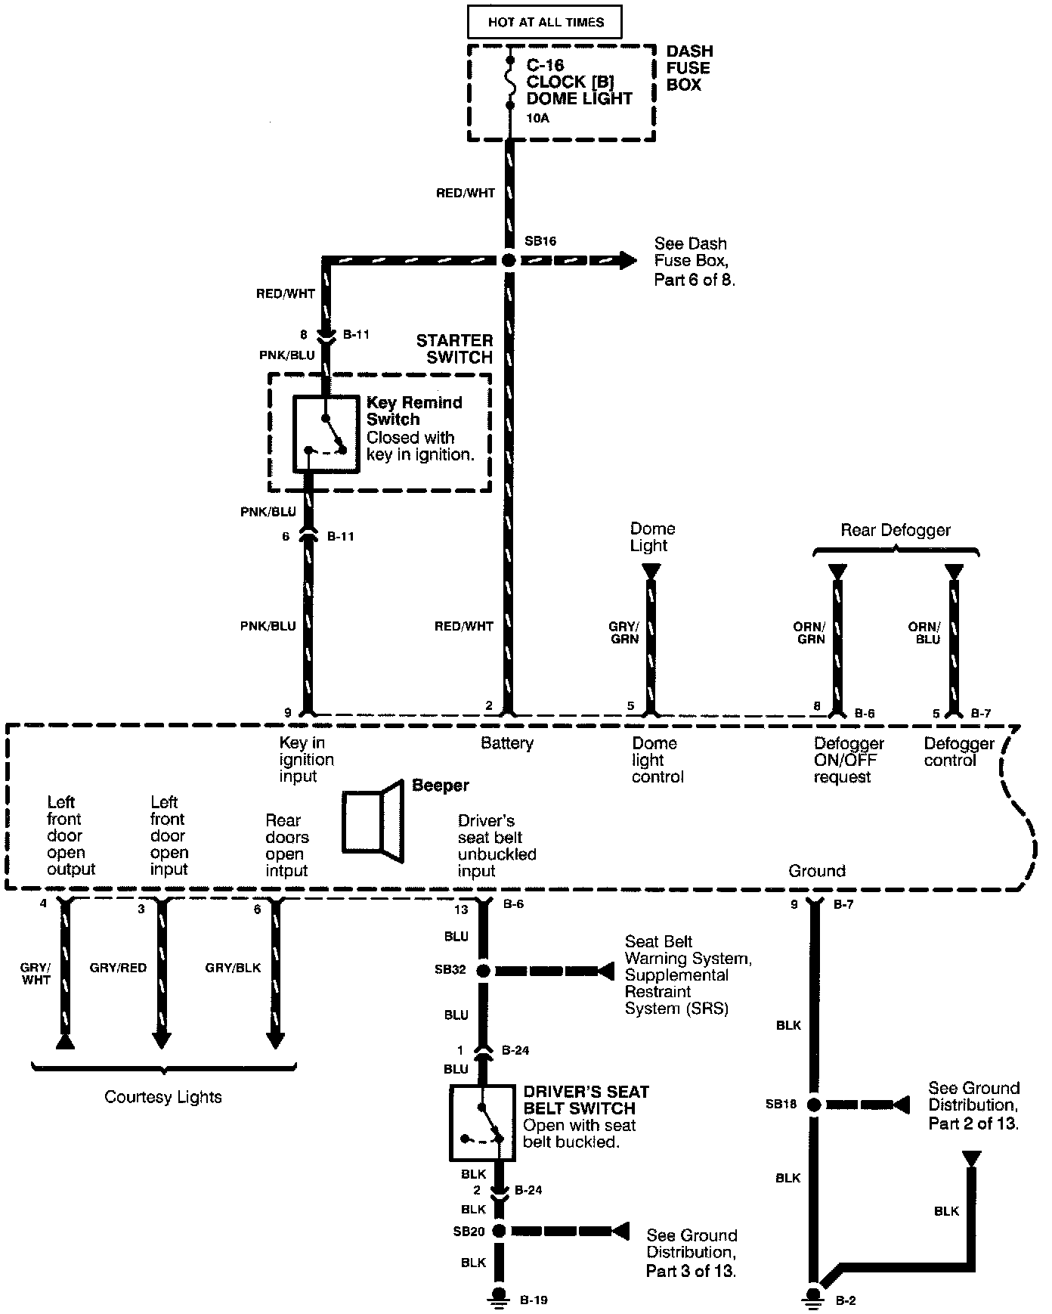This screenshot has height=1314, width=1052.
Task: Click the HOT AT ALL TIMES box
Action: click(x=545, y=22)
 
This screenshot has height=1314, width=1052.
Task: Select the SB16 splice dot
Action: click(x=509, y=260)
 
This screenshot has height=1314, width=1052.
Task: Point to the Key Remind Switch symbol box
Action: click(x=326, y=434)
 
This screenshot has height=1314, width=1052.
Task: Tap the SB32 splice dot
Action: click(x=483, y=970)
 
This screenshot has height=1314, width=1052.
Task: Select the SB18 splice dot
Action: click(x=814, y=1105)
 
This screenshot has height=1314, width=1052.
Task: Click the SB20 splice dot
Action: click(x=499, y=1231)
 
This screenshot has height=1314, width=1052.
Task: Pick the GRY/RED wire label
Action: click(x=118, y=968)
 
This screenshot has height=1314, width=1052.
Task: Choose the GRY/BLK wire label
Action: click(x=233, y=968)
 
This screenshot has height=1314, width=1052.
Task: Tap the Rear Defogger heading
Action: click(x=895, y=530)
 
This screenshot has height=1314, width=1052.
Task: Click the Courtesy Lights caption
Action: click(x=163, y=1097)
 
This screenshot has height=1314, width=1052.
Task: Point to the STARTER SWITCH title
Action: click(x=455, y=349)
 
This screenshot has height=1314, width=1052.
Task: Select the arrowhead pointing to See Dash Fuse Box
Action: click(x=627, y=260)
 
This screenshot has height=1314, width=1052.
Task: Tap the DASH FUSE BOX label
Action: click(x=688, y=68)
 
